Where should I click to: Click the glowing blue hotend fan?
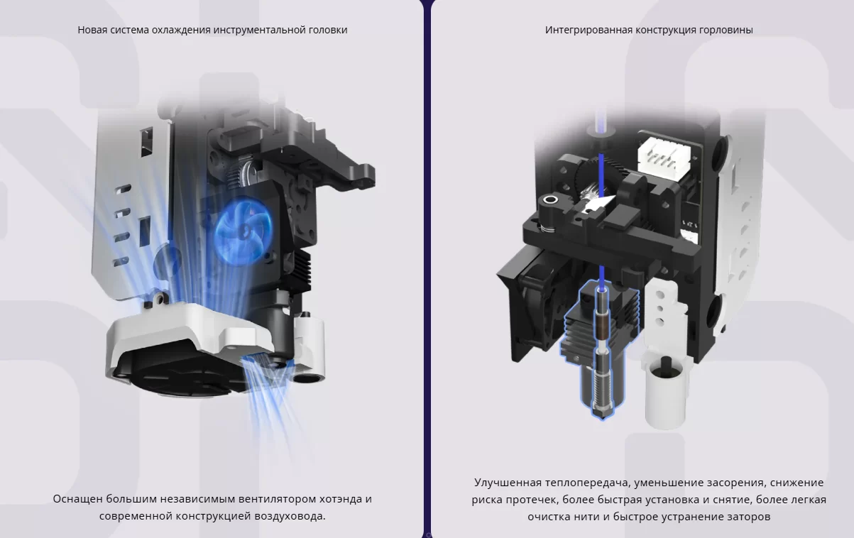click(243, 231)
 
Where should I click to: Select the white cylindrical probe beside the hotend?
click(665, 392)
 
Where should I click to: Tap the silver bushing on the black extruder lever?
click(550, 199)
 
